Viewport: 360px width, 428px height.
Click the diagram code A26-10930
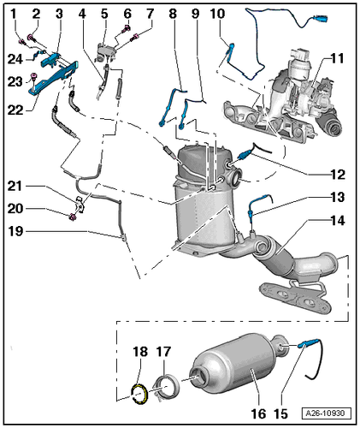point(327,413)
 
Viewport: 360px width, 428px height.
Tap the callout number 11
point(338,59)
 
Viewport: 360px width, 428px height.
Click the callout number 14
point(338,221)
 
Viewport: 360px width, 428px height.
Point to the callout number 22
point(15,110)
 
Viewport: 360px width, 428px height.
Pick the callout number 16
point(258,413)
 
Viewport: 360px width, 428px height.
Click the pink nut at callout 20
point(73,217)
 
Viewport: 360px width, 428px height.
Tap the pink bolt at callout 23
point(34,76)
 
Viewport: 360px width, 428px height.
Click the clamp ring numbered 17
point(168,385)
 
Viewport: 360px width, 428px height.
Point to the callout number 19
point(15,231)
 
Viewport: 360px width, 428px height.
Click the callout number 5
point(104,14)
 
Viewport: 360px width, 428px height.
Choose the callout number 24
point(15,59)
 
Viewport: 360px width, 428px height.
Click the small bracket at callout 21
point(80,205)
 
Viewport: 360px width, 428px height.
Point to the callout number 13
point(338,197)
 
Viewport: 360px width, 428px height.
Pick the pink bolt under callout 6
point(127,28)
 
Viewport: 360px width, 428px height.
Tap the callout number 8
point(173,14)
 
